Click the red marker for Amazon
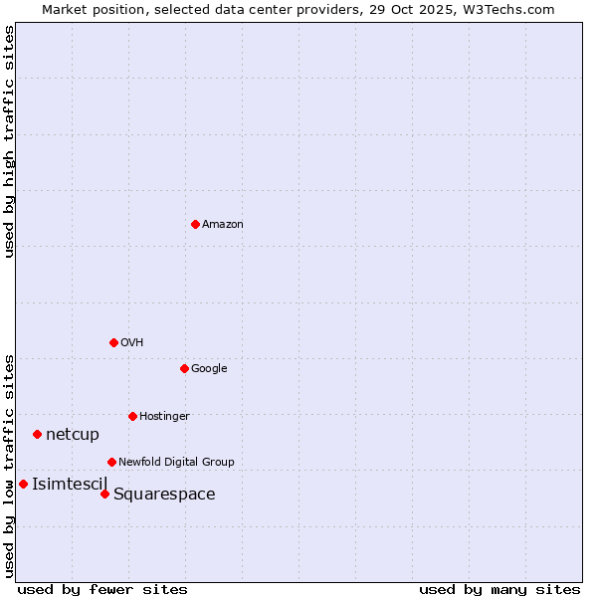coord(195,224)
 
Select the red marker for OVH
coord(113,342)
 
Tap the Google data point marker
coord(184,368)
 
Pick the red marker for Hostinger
coord(132,416)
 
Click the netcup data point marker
coord(37,434)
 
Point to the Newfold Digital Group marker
coord(111,462)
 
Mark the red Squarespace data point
coord(104,494)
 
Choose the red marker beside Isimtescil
coord(23,484)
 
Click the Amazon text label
coord(223,225)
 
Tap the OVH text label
coord(132,343)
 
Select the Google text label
coord(209,369)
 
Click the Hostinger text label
coord(164,417)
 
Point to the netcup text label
coord(73,434)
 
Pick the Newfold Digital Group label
coord(176,463)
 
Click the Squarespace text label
coord(164,495)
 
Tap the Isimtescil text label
coord(70,485)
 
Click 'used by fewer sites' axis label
coord(102,589)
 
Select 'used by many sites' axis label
coord(499,589)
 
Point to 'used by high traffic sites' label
coord(9,141)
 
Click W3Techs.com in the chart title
coord(514,9)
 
